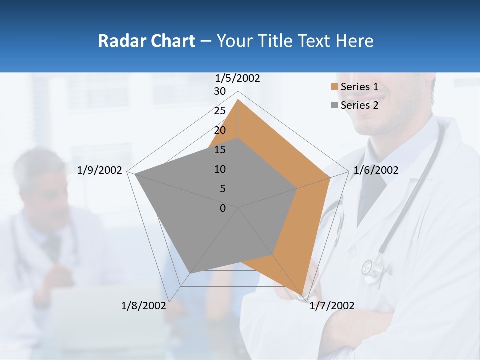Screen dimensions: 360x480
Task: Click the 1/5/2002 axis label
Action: pos(238,78)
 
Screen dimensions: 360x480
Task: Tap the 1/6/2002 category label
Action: pos(376,170)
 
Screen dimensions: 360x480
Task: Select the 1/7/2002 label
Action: pos(332,306)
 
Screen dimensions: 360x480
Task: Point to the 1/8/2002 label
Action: pos(144,306)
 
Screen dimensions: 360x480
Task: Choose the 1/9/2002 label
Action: pos(100,170)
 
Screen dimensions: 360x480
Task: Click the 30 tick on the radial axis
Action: pos(220,91)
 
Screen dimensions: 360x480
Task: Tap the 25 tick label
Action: pos(220,111)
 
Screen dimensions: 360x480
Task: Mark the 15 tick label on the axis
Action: pos(220,150)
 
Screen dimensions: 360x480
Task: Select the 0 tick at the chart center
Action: pos(223,208)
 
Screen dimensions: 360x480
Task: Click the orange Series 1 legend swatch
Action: pos(334,87)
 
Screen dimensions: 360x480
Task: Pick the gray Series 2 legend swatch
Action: pos(334,105)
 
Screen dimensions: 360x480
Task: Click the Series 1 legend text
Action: pos(359,87)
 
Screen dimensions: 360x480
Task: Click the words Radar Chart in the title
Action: pos(146,41)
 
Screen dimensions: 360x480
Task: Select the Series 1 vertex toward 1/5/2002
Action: pos(238,100)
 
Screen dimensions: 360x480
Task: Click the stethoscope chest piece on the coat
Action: pos(369,267)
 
